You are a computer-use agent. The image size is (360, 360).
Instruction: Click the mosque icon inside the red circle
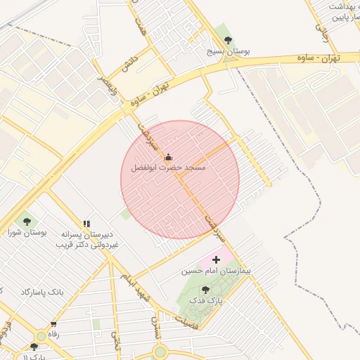coord(168,157)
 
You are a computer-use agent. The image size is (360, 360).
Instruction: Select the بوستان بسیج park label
coord(225,51)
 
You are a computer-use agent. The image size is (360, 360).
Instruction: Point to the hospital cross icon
coord(216,259)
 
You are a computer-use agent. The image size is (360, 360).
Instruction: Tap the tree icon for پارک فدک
coord(205,289)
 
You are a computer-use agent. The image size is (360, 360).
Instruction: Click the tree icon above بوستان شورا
coord(27,220)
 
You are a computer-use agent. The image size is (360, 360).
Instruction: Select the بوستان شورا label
coord(27,232)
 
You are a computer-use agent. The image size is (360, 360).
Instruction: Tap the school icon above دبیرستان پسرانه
coord(86,224)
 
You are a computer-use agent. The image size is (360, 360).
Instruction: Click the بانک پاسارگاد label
coord(43,291)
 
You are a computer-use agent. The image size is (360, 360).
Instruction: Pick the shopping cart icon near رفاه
coord(53,324)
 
